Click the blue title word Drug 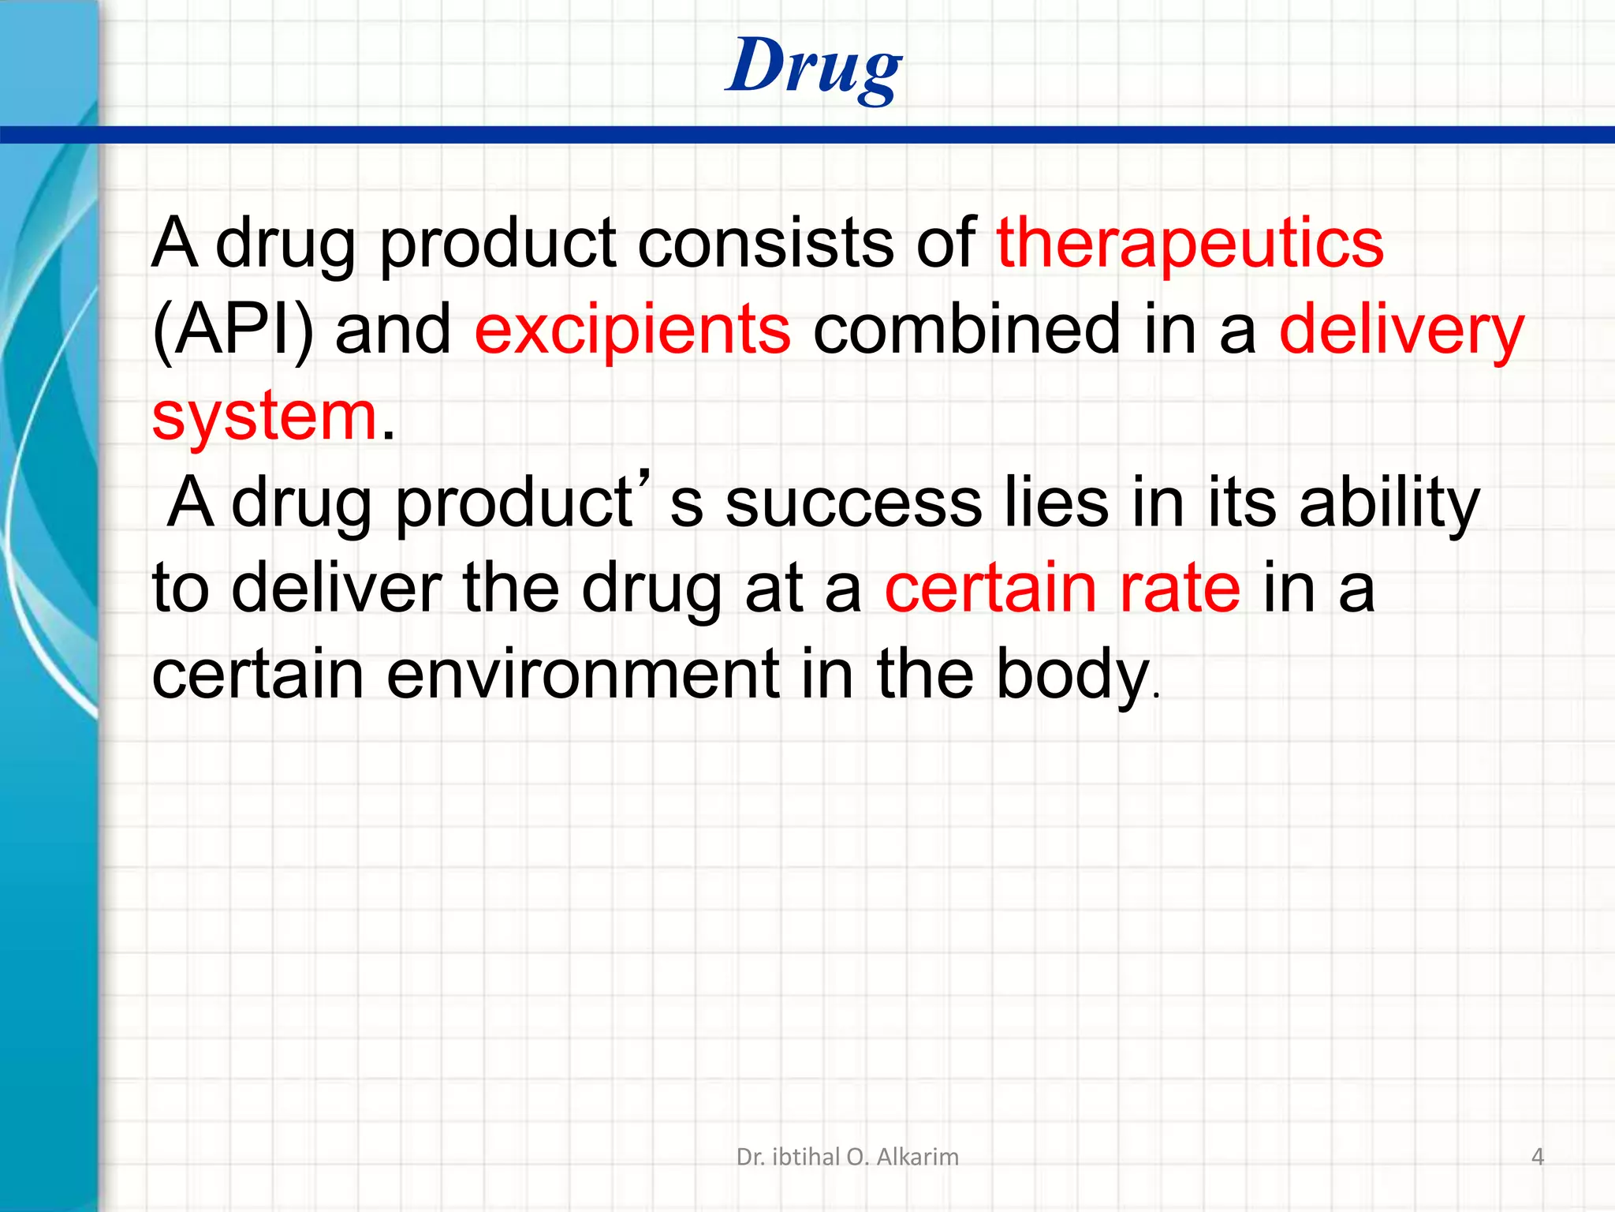coord(813,67)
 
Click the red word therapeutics coord(1189,243)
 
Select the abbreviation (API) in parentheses coord(232,330)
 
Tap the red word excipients coord(632,330)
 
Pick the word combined coord(965,330)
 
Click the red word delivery coord(1401,330)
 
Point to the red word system coord(264,416)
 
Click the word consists coord(765,243)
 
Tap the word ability coord(1389,503)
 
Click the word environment coord(583,675)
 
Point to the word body coord(1072,675)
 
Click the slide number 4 coord(1537,1157)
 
